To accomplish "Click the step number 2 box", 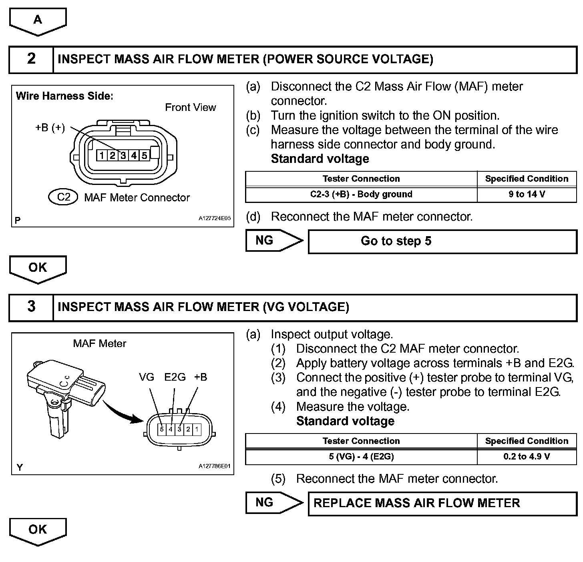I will tap(31, 59).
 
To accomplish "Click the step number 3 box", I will tap(31, 307).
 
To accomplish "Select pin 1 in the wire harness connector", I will tap(103, 155).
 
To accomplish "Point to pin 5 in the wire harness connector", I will tap(144, 155).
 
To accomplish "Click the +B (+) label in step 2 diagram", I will tap(50, 128).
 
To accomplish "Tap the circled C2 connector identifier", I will tap(64, 197).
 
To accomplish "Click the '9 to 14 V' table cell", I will tap(527, 195).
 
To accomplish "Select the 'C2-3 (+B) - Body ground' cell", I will tap(361, 195).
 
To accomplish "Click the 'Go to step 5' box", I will tap(442, 241).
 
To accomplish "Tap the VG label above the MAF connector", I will tap(147, 377).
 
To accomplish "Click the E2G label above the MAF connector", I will tap(175, 377).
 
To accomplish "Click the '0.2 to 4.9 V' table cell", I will tap(527, 457).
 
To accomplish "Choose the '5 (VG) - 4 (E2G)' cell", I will tap(361, 457).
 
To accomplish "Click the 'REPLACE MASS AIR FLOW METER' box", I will tap(442, 503).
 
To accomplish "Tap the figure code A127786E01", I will tap(215, 466).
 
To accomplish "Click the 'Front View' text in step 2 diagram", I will tap(191, 107).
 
